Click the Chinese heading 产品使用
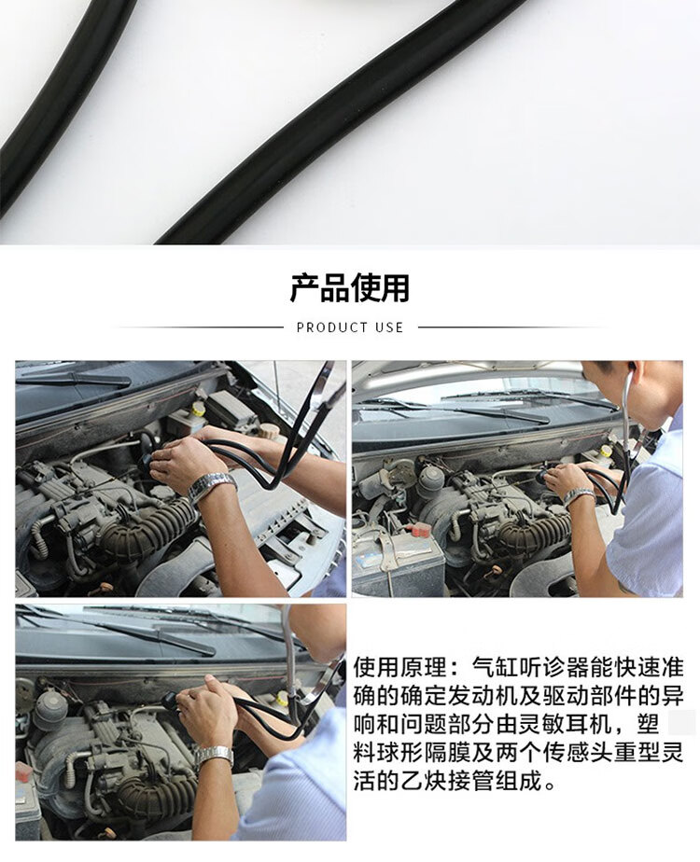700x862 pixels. [350, 287]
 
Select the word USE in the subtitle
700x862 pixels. [389, 327]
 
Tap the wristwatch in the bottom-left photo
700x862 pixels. [215, 756]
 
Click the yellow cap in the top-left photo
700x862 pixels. [198, 409]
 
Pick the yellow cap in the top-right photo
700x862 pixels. [606, 451]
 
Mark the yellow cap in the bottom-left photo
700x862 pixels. [282, 698]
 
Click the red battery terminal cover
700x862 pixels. [420, 529]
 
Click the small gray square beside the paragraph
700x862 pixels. [681, 722]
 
